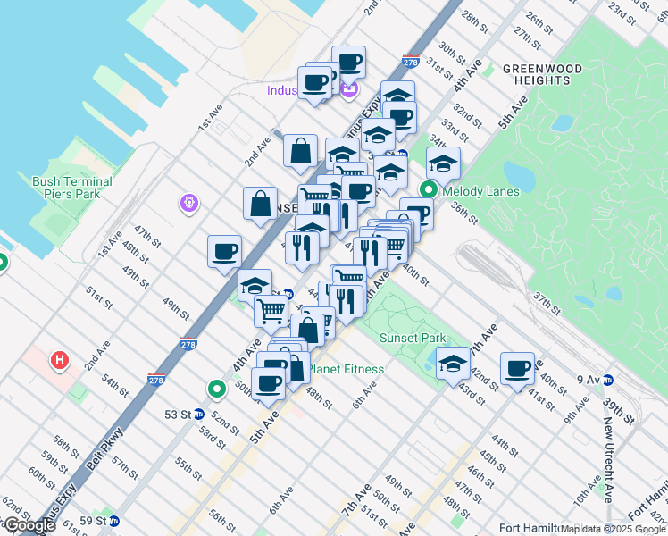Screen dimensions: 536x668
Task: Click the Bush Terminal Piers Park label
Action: point(72,187)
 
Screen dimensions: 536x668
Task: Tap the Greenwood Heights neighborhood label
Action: point(542,74)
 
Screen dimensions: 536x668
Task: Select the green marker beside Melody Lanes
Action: point(429,189)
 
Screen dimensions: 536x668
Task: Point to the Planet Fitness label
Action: point(346,369)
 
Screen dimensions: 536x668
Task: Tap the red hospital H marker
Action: point(60,361)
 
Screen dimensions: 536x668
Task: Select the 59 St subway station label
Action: point(93,521)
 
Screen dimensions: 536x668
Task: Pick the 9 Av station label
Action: point(589,380)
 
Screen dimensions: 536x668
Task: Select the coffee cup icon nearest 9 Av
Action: point(517,367)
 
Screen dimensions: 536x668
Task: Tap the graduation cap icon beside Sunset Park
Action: point(454,363)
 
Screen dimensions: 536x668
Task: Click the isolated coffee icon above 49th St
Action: point(224,250)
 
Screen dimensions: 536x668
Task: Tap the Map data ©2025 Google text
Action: point(614,529)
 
